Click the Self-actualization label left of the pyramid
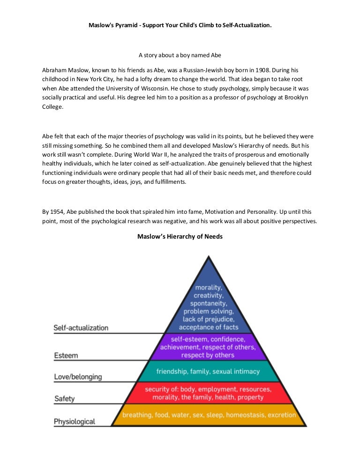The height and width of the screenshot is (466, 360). click(81, 328)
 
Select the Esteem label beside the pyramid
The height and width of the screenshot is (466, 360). click(66, 355)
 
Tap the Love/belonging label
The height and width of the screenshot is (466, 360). click(77, 377)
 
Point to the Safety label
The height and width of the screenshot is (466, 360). click(64, 399)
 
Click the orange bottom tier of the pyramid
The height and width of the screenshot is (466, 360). click(209, 414)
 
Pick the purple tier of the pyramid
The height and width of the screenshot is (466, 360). click(208, 346)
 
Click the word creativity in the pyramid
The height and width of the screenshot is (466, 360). click(209, 295)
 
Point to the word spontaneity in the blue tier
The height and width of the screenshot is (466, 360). click(208, 303)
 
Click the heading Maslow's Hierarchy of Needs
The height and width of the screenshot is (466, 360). click(180, 236)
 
